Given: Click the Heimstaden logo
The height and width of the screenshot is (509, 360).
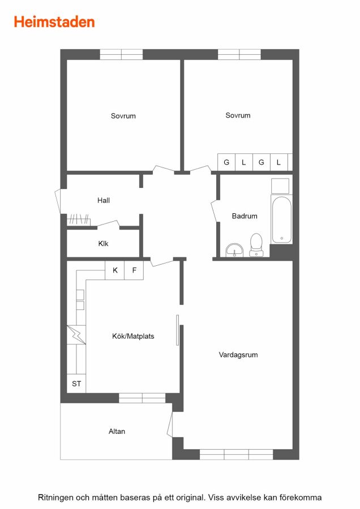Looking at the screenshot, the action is coord(54,22).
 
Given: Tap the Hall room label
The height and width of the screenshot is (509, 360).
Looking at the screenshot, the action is coord(104,200).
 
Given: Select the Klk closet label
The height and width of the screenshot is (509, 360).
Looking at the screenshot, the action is coord(104,243).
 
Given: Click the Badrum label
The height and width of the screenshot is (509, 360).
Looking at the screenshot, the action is coord(245,216).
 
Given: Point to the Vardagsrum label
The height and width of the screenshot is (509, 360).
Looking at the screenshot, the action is coord(238,355).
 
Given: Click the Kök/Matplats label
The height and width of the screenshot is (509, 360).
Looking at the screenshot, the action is coord(133,337).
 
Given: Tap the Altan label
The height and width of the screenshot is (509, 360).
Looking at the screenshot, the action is coord(117,432).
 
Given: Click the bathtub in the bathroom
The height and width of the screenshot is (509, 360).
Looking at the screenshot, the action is coord(281,220).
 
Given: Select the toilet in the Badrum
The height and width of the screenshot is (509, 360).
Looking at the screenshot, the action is coord(256,245).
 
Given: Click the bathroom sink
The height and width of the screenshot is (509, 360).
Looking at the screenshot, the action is coord(234,250).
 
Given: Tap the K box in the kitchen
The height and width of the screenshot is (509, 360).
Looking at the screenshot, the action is coord(115,270).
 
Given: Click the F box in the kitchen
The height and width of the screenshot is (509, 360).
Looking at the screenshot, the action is coord(134,270).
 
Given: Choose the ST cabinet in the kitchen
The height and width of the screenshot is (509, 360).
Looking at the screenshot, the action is coord(76,383).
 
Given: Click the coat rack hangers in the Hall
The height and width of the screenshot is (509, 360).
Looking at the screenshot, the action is coord(79,219).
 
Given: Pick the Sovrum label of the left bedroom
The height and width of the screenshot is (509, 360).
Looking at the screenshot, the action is coord(123,116).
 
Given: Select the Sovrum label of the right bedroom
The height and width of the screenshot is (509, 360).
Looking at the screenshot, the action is coord(238,115).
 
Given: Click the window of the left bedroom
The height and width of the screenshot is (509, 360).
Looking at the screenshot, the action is coord(121,54).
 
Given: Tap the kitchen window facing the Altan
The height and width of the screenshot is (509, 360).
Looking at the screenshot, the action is coord(142,398).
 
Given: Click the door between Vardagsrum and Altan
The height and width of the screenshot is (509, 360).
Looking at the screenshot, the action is coord(170,424).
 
